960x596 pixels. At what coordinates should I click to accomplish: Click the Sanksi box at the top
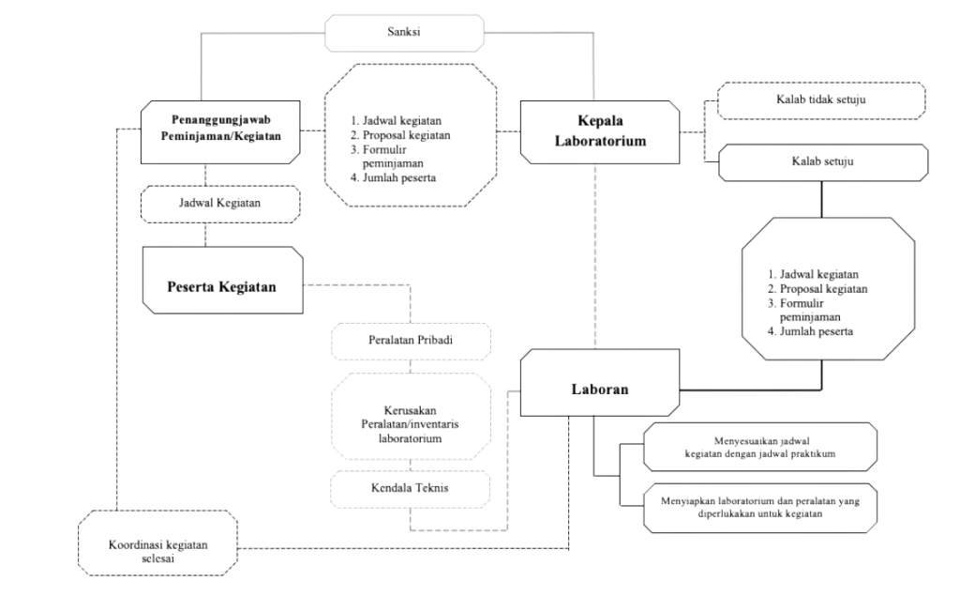tap(404, 33)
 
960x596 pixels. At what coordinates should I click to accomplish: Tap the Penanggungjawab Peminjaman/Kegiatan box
tap(220, 129)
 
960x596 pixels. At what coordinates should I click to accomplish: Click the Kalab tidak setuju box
tap(820, 100)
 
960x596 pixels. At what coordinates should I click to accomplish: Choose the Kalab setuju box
tap(820, 161)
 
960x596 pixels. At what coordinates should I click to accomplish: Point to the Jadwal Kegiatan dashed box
tap(219, 202)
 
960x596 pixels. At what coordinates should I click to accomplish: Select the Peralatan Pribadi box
tap(410, 340)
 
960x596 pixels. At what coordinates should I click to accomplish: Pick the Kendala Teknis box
tap(410, 487)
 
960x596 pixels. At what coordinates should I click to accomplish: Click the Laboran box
tap(600, 386)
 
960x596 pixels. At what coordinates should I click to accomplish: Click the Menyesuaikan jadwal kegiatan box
tap(760, 445)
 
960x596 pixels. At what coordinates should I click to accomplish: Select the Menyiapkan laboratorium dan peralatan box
tap(760, 506)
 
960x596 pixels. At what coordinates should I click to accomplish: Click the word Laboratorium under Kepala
tap(601, 141)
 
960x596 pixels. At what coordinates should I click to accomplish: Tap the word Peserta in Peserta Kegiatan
tap(189, 286)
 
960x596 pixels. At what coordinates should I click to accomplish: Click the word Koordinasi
tap(134, 544)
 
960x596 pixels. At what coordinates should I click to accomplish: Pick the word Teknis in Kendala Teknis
tap(431, 487)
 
